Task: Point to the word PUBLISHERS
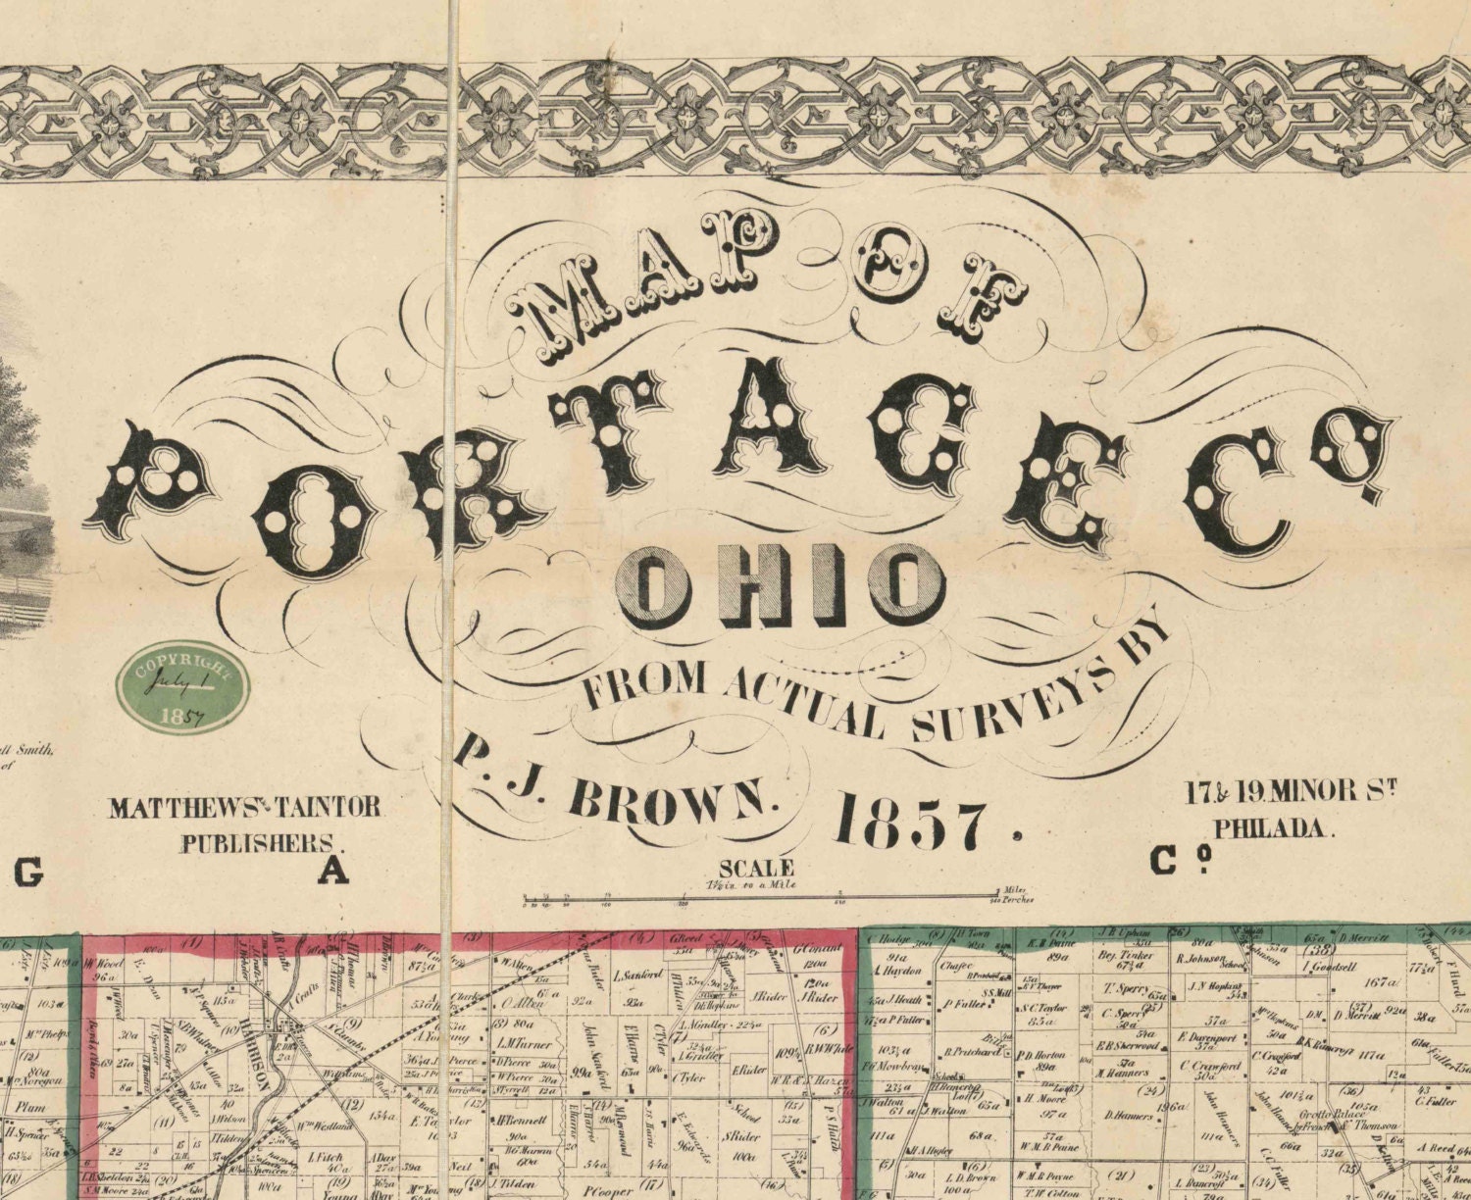[260, 841]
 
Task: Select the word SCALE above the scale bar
[756, 867]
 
